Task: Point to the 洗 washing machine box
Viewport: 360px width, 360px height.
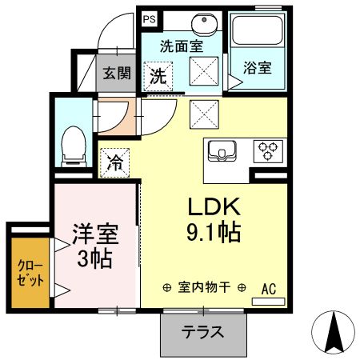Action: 158,78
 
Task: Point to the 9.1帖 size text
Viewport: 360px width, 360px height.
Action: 214,234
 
